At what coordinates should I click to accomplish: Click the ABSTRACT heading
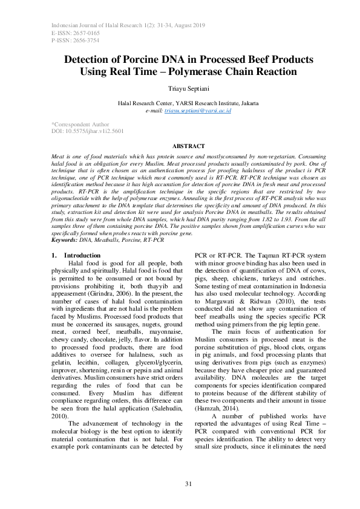coord(180,146)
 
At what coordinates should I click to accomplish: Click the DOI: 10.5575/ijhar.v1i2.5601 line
coord(88,131)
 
